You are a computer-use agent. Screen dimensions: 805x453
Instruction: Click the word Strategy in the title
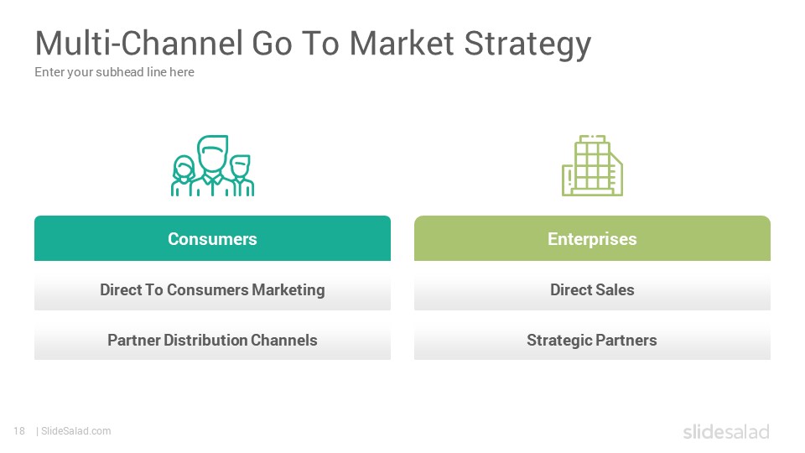click(x=527, y=44)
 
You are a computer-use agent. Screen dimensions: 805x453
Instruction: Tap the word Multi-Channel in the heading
click(x=138, y=43)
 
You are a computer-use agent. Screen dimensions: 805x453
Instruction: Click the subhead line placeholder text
click(x=115, y=72)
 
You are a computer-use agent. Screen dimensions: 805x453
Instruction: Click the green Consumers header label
click(x=212, y=238)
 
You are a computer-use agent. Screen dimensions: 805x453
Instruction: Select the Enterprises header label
click(x=593, y=238)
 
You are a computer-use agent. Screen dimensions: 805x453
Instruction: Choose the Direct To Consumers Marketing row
click(x=212, y=289)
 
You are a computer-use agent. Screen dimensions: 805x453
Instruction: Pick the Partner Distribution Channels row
click(x=212, y=340)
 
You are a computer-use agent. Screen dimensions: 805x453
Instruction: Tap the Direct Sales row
click(x=593, y=289)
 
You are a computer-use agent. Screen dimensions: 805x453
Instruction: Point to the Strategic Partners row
click(x=593, y=340)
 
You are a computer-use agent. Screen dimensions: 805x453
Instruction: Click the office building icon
click(x=593, y=165)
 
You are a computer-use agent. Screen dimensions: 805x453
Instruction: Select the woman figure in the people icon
click(x=183, y=176)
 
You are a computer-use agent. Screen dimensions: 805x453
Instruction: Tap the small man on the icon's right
click(x=241, y=175)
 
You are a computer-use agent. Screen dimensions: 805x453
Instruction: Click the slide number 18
click(x=19, y=431)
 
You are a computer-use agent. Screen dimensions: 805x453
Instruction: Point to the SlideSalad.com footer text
click(x=76, y=431)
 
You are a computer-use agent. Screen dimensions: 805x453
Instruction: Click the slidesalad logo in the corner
click(x=726, y=431)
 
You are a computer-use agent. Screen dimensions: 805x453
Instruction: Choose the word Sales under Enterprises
click(x=615, y=289)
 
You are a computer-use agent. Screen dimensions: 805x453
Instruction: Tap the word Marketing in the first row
click(x=288, y=290)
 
